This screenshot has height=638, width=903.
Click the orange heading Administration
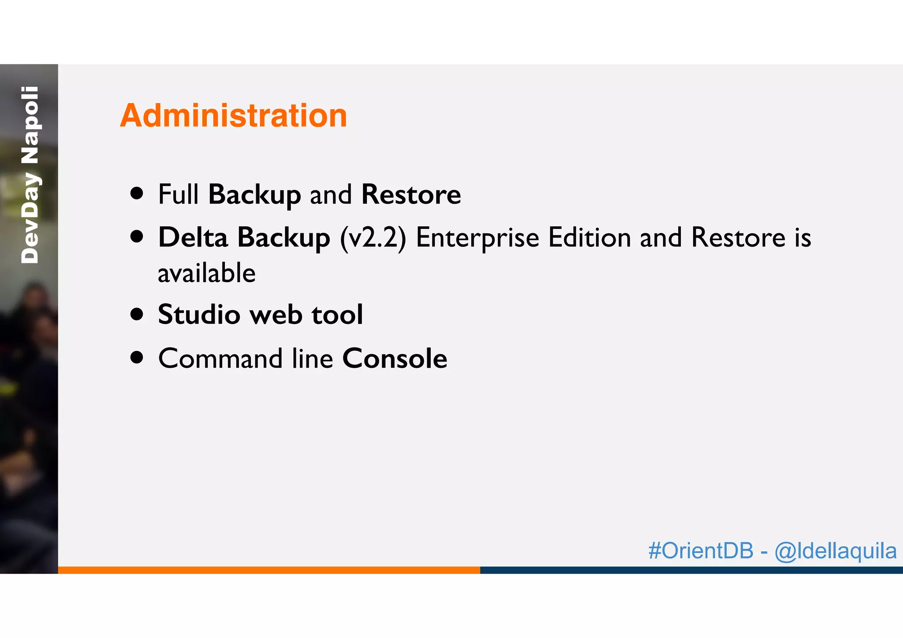coord(233,116)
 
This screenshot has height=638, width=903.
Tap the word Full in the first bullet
coord(178,194)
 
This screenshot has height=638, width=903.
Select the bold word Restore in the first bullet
coord(410,194)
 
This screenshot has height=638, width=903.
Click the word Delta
coord(193,238)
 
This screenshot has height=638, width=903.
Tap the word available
coord(206,273)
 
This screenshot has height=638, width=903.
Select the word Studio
coord(199,315)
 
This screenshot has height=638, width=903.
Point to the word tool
coord(337,315)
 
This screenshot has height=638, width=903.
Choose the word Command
coord(220,358)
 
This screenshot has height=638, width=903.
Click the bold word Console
coord(395,358)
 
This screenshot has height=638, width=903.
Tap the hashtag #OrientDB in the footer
coord(701,551)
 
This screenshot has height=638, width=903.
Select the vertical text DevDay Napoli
coord(30,175)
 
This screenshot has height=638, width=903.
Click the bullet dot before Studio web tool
coord(137,314)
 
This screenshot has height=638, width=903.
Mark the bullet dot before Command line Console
coord(137,357)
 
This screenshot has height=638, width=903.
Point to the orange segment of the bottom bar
coord(269,570)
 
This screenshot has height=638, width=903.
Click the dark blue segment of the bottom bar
coord(691,570)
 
